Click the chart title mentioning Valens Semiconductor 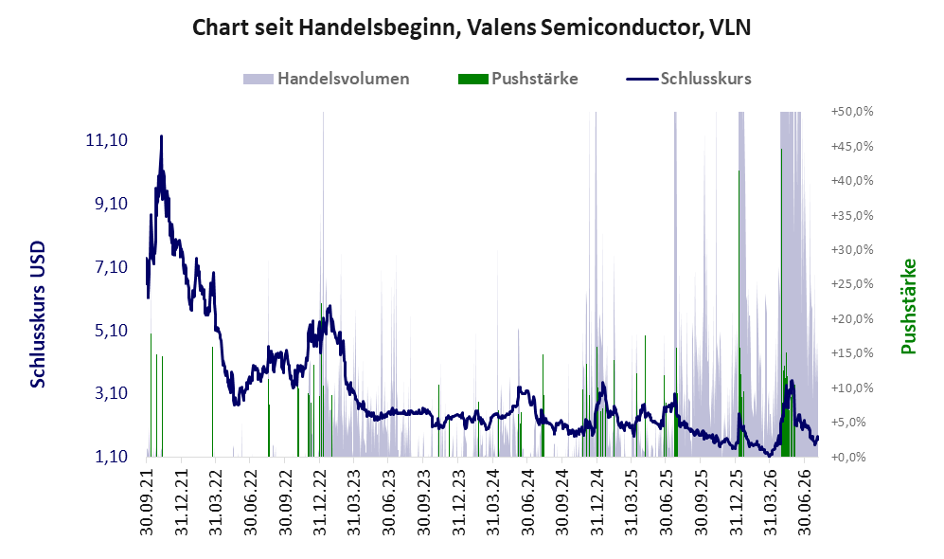coord(472,27)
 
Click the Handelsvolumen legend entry coord(327,79)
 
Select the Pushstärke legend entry coord(518,79)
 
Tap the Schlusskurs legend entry coord(688,79)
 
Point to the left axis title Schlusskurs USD coord(37,314)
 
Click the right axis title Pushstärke coord(908,306)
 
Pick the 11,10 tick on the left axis coord(107,140)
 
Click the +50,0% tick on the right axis coord(852,112)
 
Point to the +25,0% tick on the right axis coord(852,284)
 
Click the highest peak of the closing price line coord(161,136)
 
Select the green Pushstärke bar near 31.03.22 coord(212,402)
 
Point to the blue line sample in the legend coord(642,79)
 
